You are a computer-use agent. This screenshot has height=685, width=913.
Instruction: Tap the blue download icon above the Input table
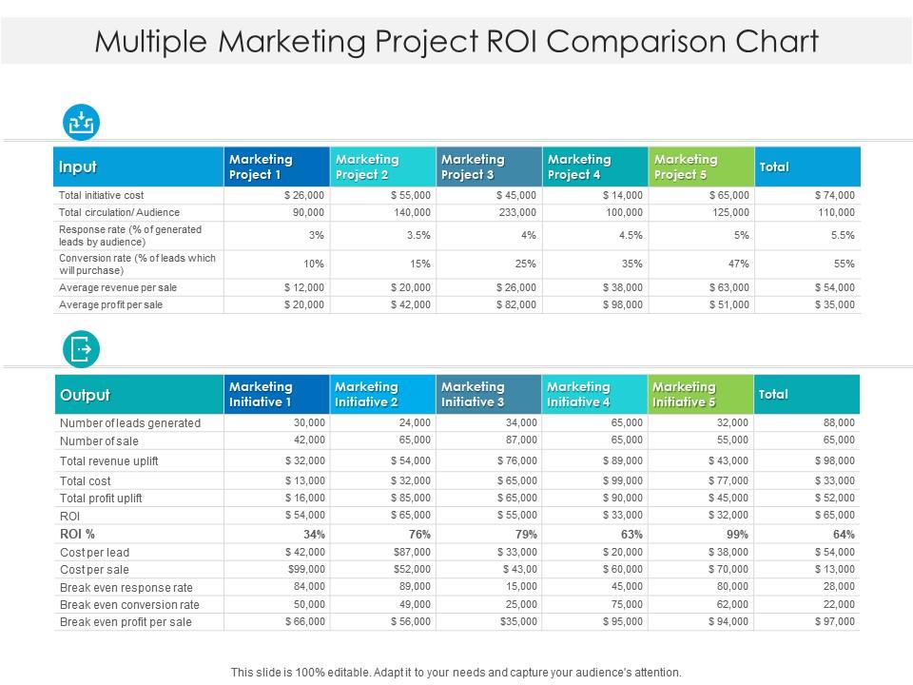pos(81,123)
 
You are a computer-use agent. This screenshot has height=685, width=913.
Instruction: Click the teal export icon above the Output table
pos(81,349)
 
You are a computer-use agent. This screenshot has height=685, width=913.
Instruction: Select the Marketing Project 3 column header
pos(489,166)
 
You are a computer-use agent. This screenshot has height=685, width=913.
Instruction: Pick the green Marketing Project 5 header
pos(701,166)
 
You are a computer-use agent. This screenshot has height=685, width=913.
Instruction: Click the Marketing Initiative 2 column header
pos(382,394)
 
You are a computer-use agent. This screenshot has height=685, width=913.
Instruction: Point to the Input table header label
pos(78,167)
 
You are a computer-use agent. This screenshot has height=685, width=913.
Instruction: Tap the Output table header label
pos(85,395)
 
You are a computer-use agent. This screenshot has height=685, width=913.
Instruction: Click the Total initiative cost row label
pos(101,195)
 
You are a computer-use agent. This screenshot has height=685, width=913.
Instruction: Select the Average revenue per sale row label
pos(118,287)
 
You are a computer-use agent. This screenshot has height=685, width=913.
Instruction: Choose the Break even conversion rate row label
pos(129,604)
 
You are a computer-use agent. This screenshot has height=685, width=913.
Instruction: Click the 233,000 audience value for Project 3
pos(517,212)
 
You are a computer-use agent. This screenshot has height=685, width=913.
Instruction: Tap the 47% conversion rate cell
pos(737,264)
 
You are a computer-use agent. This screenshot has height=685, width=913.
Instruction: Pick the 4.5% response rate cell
pos(630,235)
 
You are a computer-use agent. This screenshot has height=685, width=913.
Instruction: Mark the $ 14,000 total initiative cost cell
pos(623,195)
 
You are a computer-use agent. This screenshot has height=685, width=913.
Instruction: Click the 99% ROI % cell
pos(737,534)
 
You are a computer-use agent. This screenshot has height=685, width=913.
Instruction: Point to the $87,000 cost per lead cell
pos(412,552)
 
